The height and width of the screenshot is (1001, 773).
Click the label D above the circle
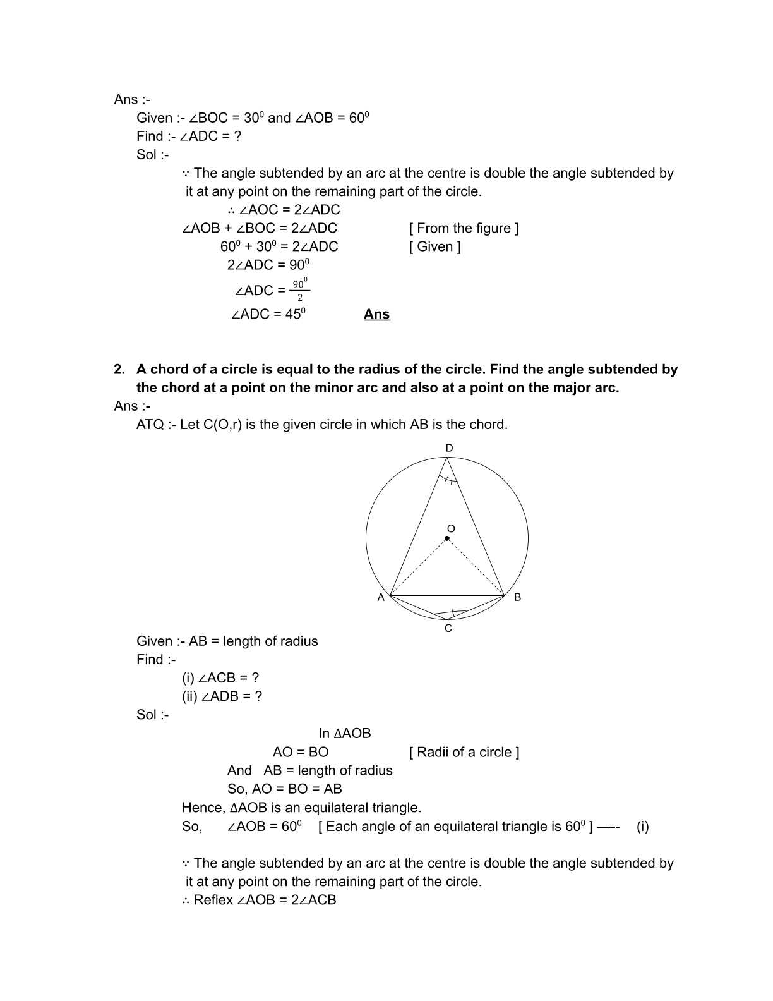point(449,448)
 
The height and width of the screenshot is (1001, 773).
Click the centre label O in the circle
point(451,528)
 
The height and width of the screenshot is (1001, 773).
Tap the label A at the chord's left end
point(381,597)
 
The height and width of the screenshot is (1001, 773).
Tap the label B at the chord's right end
point(518,597)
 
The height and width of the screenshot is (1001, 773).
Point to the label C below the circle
point(448,628)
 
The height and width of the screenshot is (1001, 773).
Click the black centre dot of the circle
point(447,538)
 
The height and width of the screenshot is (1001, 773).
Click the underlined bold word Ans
point(377,314)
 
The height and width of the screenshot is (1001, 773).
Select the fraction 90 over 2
point(300,290)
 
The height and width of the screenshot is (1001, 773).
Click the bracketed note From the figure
point(464,228)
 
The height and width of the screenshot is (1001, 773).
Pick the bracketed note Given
point(435,246)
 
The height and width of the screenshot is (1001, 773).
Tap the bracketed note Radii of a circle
point(464,752)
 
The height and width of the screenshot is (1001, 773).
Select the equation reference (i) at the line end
point(642,827)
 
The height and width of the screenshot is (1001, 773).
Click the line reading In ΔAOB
point(344,734)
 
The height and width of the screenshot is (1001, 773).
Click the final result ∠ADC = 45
point(268,314)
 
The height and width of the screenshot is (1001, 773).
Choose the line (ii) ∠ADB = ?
point(222,696)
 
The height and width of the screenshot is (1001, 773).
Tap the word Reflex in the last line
point(213,900)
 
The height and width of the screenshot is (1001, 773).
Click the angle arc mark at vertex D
point(448,480)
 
